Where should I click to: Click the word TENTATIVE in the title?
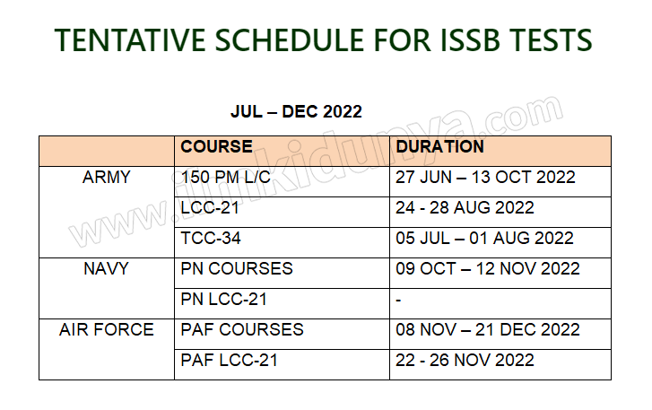coord(131,40)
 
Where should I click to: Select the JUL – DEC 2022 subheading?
coord(296,111)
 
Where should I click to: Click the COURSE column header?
coord(216,147)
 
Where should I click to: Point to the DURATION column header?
coord(440,147)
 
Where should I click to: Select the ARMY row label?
coord(107,178)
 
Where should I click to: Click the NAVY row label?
coord(107,269)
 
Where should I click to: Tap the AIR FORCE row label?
coord(107,330)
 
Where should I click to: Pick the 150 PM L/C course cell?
coord(226,178)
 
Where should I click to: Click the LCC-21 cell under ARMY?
coord(210,208)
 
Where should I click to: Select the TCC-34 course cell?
coord(211,239)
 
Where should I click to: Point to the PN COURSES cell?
coord(237,269)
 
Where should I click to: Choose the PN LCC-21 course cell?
coord(223,300)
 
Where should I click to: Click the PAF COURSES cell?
coord(242,330)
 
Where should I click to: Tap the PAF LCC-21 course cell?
coord(229,361)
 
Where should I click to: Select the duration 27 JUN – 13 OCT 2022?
coord(485,178)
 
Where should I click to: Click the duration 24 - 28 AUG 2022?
coord(465,208)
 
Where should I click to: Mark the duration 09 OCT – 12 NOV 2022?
coord(488,269)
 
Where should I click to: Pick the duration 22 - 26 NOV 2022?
coord(465,361)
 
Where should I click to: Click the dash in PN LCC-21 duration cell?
coord(398,301)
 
